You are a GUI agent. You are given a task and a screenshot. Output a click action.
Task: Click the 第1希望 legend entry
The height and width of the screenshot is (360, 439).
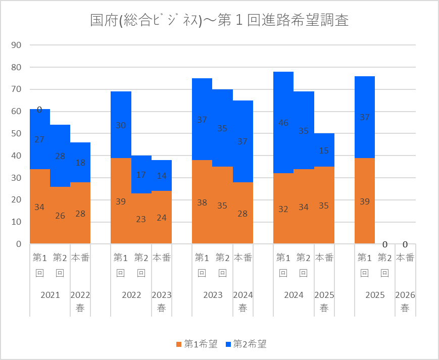pos(197,344)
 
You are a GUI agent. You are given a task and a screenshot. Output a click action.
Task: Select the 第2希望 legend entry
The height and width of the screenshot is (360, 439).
pos(246,344)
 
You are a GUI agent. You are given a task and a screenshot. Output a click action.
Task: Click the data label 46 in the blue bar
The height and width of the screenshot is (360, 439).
pos(283,123)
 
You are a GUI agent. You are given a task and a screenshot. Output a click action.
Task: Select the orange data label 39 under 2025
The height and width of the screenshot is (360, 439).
pos(364,201)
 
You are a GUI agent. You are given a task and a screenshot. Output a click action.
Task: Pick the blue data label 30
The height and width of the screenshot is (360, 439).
pos(121,126)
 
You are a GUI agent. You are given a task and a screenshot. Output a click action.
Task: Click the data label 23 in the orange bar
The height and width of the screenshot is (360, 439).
pos(141,219)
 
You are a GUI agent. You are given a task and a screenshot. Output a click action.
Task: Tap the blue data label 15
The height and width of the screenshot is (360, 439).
pos(324,150)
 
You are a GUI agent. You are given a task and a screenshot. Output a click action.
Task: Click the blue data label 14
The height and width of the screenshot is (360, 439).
pos(161,176)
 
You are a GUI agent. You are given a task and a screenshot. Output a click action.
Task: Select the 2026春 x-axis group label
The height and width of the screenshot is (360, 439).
pos(405,301)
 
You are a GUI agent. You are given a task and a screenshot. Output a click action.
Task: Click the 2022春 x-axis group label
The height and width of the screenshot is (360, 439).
pos(80,301)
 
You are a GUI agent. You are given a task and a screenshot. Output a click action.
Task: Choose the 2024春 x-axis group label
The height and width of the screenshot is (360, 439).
pos(242,301)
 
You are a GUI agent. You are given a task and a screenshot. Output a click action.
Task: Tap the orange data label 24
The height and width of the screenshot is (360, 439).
pos(161,218)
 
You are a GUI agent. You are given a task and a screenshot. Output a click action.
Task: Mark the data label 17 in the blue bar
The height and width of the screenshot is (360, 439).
pos(141,175)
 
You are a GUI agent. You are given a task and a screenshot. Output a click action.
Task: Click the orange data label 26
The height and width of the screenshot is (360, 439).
pos(60,216)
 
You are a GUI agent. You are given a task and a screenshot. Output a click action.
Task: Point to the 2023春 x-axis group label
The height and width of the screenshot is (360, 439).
pos(162,301)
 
